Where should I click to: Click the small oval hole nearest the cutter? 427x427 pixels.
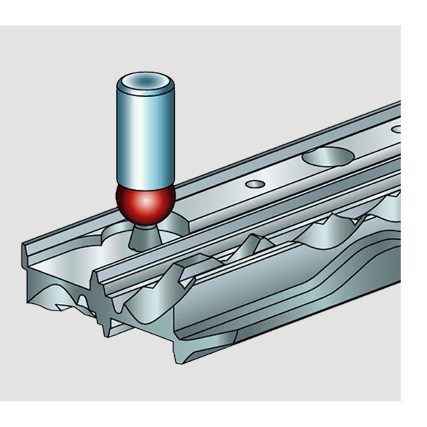254,184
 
